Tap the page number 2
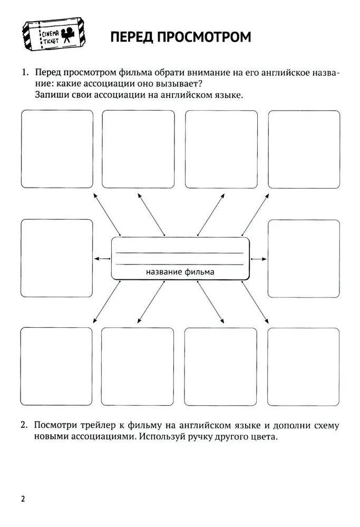click(x=23, y=499)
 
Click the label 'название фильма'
click(x=180, y=272)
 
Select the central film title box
click(x=180, y=258)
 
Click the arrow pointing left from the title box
click(x=102, y=258)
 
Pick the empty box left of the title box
click(x=56, y=258)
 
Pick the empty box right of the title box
click(x=304, y=258)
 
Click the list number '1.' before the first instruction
click(x=24, y=73)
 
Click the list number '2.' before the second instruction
click(x=24, y=425)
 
